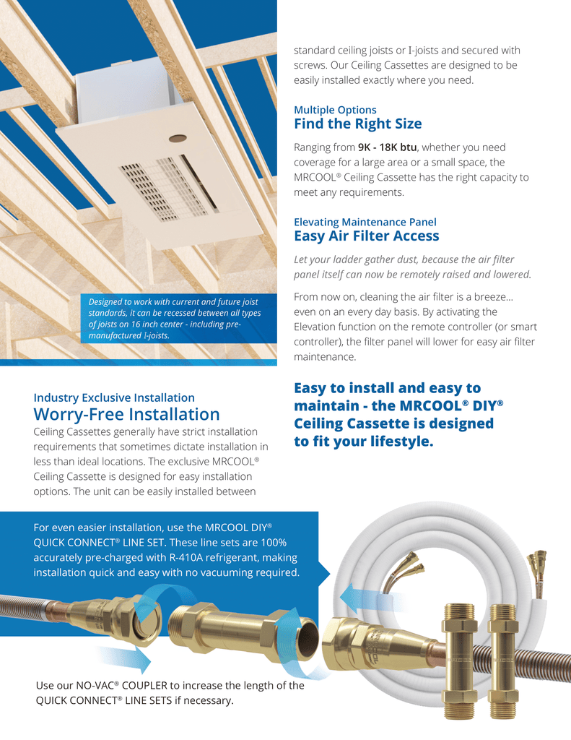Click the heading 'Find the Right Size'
pyautogui.click(x=358, y=124)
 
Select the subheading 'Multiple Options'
pyautogui.click(x=335, y=110)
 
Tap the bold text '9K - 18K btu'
pyautogui.click(x=387, y=147)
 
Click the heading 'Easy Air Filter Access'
pyautogui.click(x=367, y=236)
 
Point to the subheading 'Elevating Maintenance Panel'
pyautogui.click(x=365, y=222)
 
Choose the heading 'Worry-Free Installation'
pyautogui.click(x=126, y=414)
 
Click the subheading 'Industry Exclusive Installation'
pyautogui.click(x=114, y=398)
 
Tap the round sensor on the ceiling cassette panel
pyautogui.click(x=178, y=138)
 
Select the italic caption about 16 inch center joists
pyautogui.click(x=175, y=319)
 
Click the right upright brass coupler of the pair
pyautogui.click(x=505, y=661)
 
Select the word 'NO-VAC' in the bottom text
pyautogui.click(x=97, y=685)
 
